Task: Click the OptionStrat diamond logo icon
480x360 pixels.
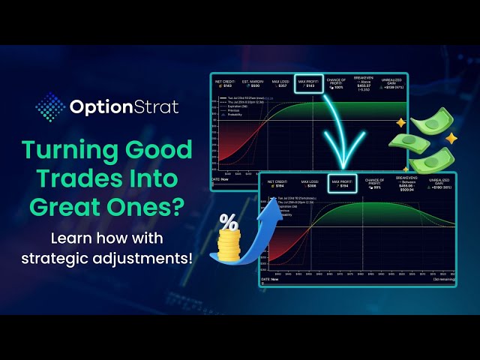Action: (49, 106)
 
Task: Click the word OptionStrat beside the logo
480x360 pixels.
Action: (124, 107)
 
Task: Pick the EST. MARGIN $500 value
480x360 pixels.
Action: (253, 82)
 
